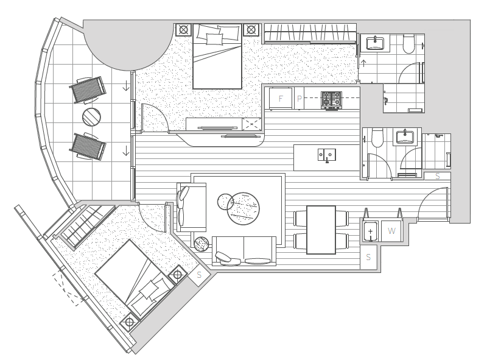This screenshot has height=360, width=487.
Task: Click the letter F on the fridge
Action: coord(281,99)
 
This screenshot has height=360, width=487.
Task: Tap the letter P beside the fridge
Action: coord(300,99)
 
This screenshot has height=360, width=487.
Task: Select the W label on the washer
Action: coord(391,231)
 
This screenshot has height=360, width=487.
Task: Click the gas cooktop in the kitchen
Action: coord(331,100)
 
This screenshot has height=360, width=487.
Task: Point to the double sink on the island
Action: coord(326,155)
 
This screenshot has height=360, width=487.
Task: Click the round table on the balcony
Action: coord(92,117)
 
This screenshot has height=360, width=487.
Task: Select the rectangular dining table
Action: coord(321,230)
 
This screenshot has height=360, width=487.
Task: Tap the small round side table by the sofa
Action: coord(201,244)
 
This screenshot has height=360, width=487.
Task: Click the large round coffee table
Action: coord(243,208)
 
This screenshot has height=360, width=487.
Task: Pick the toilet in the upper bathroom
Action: coord(408,44)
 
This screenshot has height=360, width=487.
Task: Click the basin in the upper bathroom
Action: coord(375,43)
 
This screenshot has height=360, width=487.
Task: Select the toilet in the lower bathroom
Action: coord(377,138)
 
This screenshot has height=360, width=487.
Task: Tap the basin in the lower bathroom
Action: coord(405,138)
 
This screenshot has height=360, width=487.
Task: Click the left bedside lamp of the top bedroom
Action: coord(184,30)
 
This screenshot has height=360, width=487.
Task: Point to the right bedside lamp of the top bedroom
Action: coord(251,30)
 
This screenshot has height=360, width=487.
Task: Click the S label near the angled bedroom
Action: coord(199,275)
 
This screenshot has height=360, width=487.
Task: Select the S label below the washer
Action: coord(368,257)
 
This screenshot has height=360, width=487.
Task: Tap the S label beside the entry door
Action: coord(438,176)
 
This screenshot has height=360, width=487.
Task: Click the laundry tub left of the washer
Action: coord(370,231)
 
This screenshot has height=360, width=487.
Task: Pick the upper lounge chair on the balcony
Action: coord(88,90)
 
